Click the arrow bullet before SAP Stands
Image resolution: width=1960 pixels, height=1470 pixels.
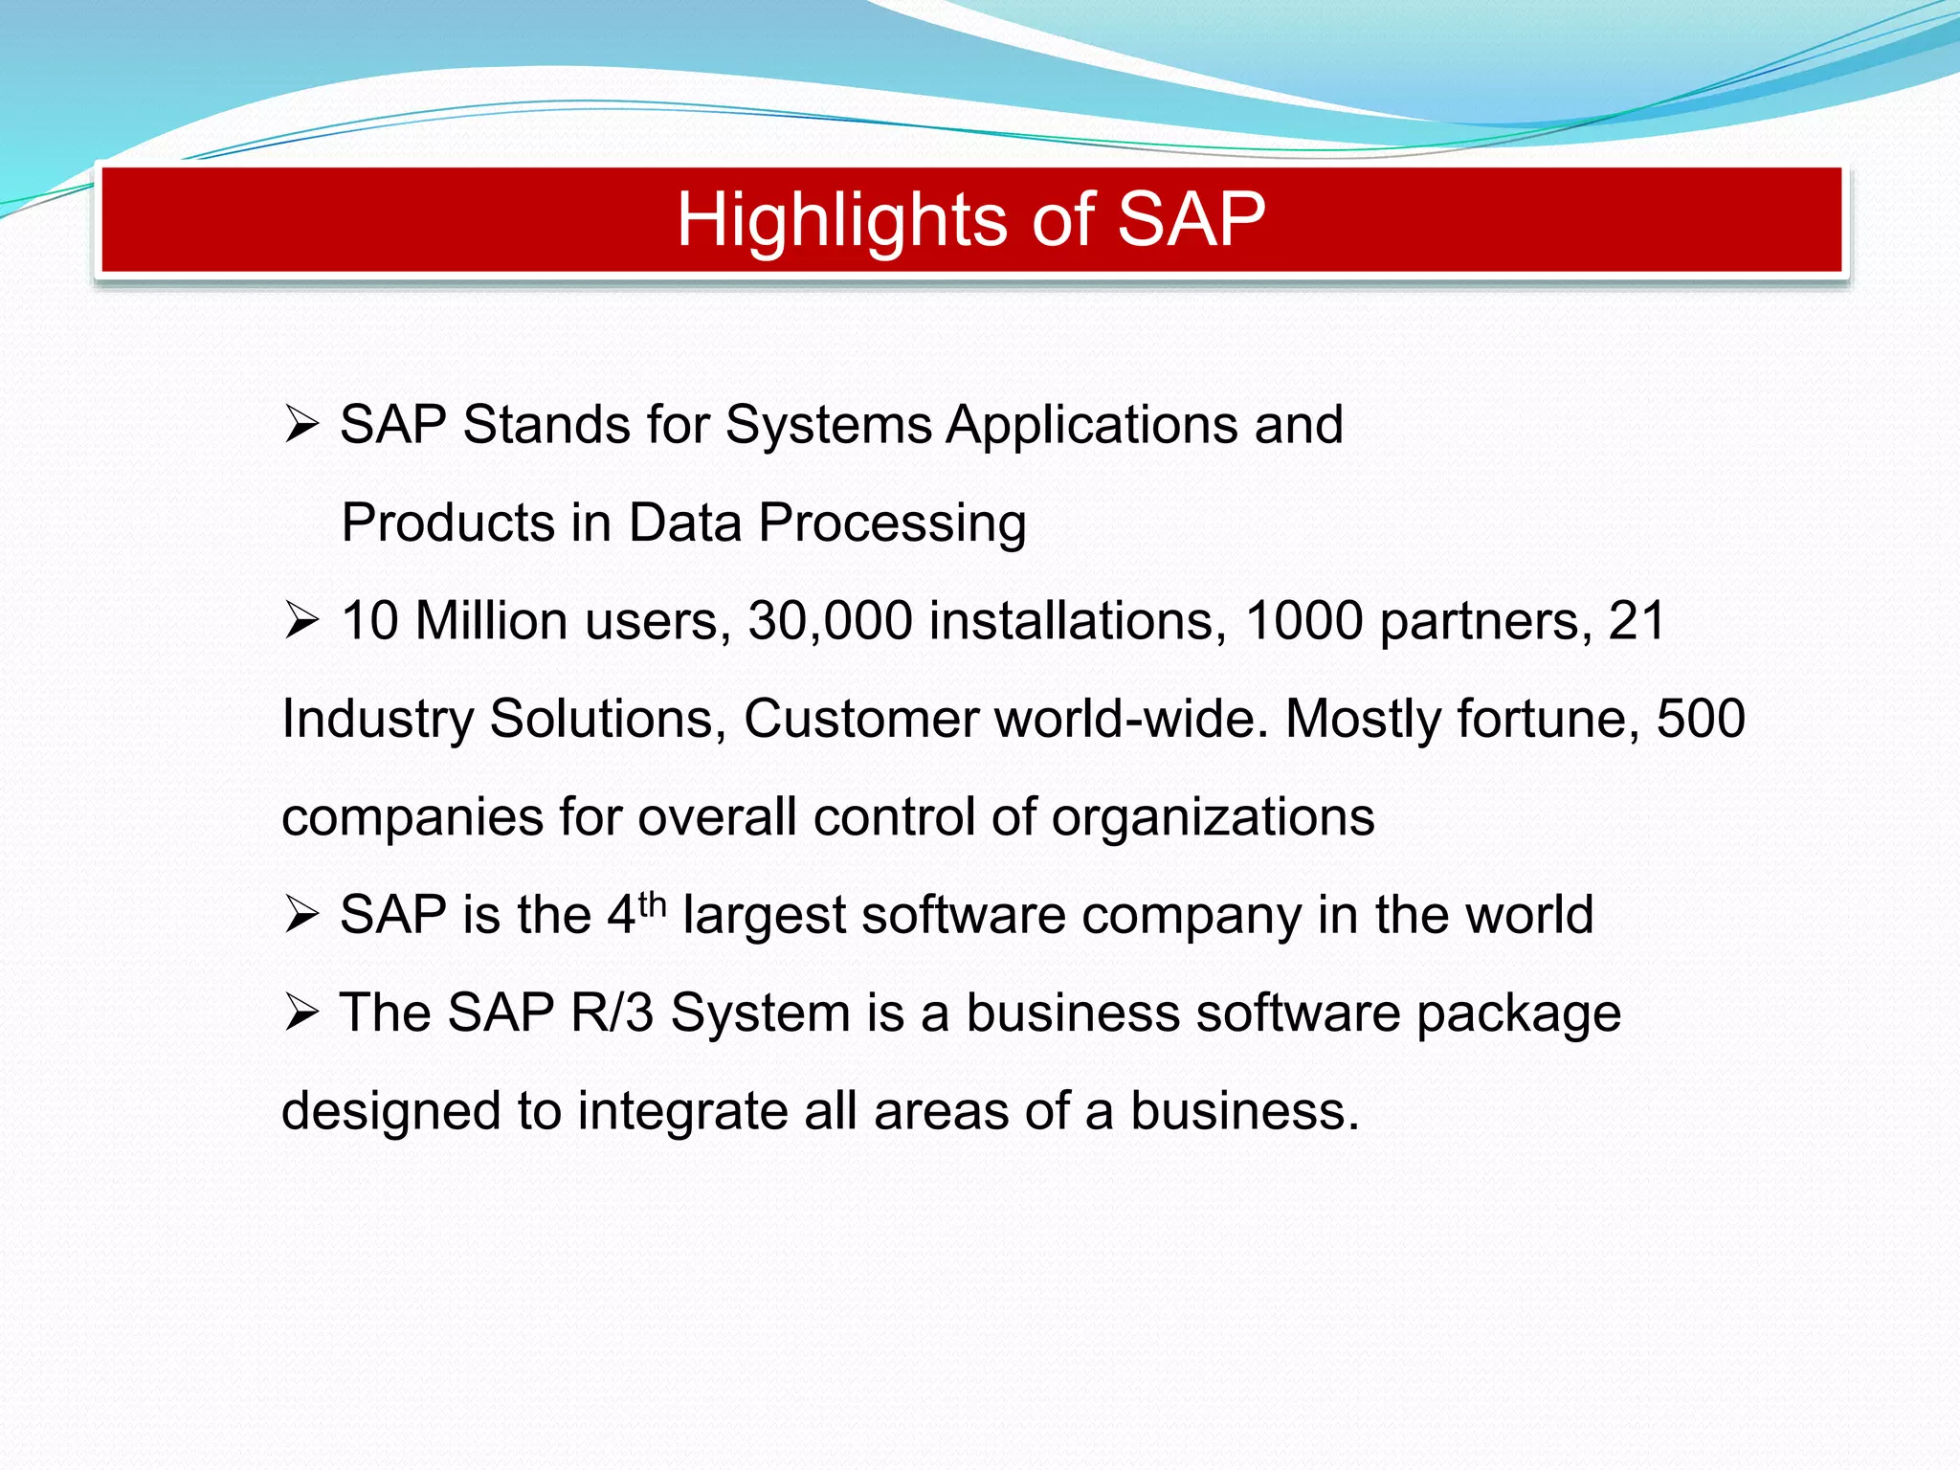click(x=301, y=424)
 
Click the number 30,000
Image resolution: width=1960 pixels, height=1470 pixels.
click(x=830, y=621)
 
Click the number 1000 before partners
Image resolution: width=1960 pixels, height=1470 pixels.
click(x=1304, y=621)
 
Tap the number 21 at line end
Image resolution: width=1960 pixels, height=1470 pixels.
click(x=1637, y=621)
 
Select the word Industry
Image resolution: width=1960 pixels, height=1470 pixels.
click(x=377, y=720)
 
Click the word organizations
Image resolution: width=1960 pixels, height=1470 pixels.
click(x=1213, y=818)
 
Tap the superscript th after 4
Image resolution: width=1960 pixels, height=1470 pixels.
click(x=652, y=902)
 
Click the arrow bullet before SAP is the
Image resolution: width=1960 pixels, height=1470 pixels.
click(x=301, y=915)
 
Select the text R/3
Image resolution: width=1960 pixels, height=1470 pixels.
click(x=612, y=1013)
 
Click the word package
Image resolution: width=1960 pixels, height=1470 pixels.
click(x=1519, y=1014)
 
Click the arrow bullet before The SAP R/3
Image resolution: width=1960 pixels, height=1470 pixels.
click(x=301, y=1013)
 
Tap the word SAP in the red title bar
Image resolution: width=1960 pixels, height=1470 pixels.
click(x=1191, y=220)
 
